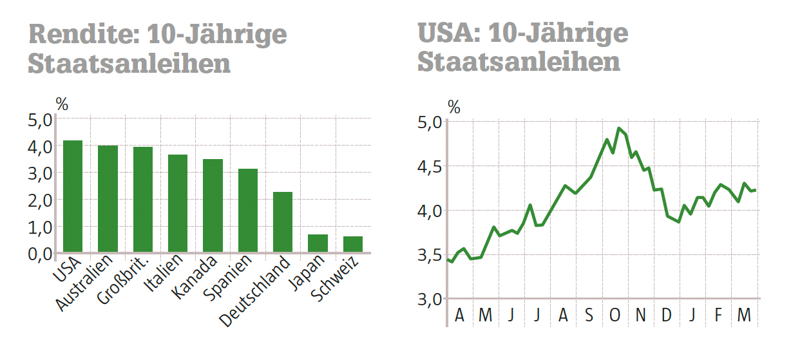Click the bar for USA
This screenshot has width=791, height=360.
[x=73, y=196]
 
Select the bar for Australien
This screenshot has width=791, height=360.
[x=108, y=198]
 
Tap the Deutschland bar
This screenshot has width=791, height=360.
[x=283, y=222]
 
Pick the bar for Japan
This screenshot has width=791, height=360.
[x=318, y=243]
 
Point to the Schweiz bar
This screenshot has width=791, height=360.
[x=353, y=244]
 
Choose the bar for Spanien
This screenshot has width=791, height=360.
[x=248, y=210]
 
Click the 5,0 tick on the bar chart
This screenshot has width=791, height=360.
[x=39, y=119]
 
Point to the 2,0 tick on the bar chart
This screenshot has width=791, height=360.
[x=39, y=200]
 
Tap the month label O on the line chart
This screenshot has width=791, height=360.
[x=615, y=316]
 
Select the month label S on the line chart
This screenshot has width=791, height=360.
[x=589, y=316]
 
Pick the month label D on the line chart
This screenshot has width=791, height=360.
[x=667, y=316]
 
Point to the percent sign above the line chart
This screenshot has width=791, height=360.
[x=454, y=107]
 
